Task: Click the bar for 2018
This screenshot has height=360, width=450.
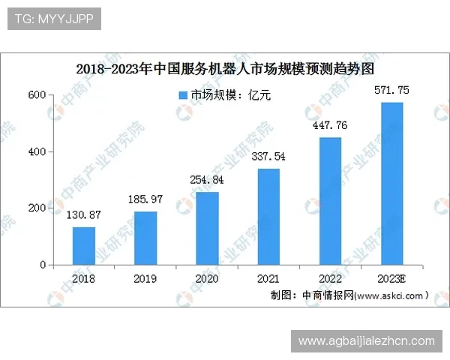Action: [x=84, y=246]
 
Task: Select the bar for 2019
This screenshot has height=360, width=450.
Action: [x=145, y=238]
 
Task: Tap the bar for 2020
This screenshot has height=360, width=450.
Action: [x=207, y=229]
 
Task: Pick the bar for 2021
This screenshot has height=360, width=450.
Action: [x=268, y=217]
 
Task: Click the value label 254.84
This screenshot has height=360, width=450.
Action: [x=207, y=181]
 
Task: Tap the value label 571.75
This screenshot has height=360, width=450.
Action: [x=391, y=91]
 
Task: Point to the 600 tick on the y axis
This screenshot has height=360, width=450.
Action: [x=37, y=95]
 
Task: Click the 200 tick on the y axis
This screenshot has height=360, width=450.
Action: [x=37, y=208]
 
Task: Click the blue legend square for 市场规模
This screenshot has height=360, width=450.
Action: [x=182, y=96]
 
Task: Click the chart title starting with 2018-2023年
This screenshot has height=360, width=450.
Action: [x=225, y=69]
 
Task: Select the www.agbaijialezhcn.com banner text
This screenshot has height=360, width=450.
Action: [x=366, y=341]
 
